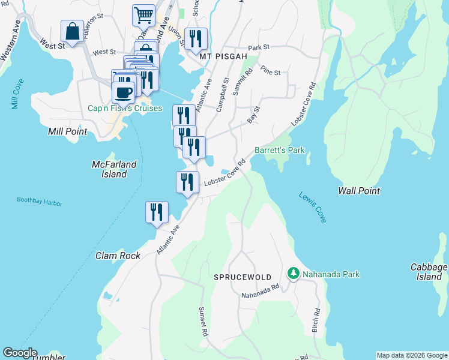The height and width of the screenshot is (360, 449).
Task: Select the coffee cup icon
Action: point(124,93)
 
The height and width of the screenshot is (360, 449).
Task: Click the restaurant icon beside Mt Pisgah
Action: point(196,39)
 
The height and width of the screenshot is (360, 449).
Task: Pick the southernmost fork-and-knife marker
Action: point(156,212)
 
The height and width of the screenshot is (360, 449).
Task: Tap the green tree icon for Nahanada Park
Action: point(293,274)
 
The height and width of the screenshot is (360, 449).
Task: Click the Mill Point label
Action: point(68,131)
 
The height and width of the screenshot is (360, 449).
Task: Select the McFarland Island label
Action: point(114,169)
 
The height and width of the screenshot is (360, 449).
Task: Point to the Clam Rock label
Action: point(118,256)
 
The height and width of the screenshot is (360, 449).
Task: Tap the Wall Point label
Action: point(359,190)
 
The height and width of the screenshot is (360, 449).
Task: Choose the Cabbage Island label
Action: point(429,272)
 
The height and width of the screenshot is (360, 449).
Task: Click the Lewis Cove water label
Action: point(312,208)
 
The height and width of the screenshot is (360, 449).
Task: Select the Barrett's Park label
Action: point(280,150)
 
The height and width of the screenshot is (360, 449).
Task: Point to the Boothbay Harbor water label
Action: point(39,203)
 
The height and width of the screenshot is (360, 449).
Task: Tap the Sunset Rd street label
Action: point(203,321)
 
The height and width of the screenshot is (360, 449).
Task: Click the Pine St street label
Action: point(271,72)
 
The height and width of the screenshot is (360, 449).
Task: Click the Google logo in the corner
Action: point(20,353)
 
